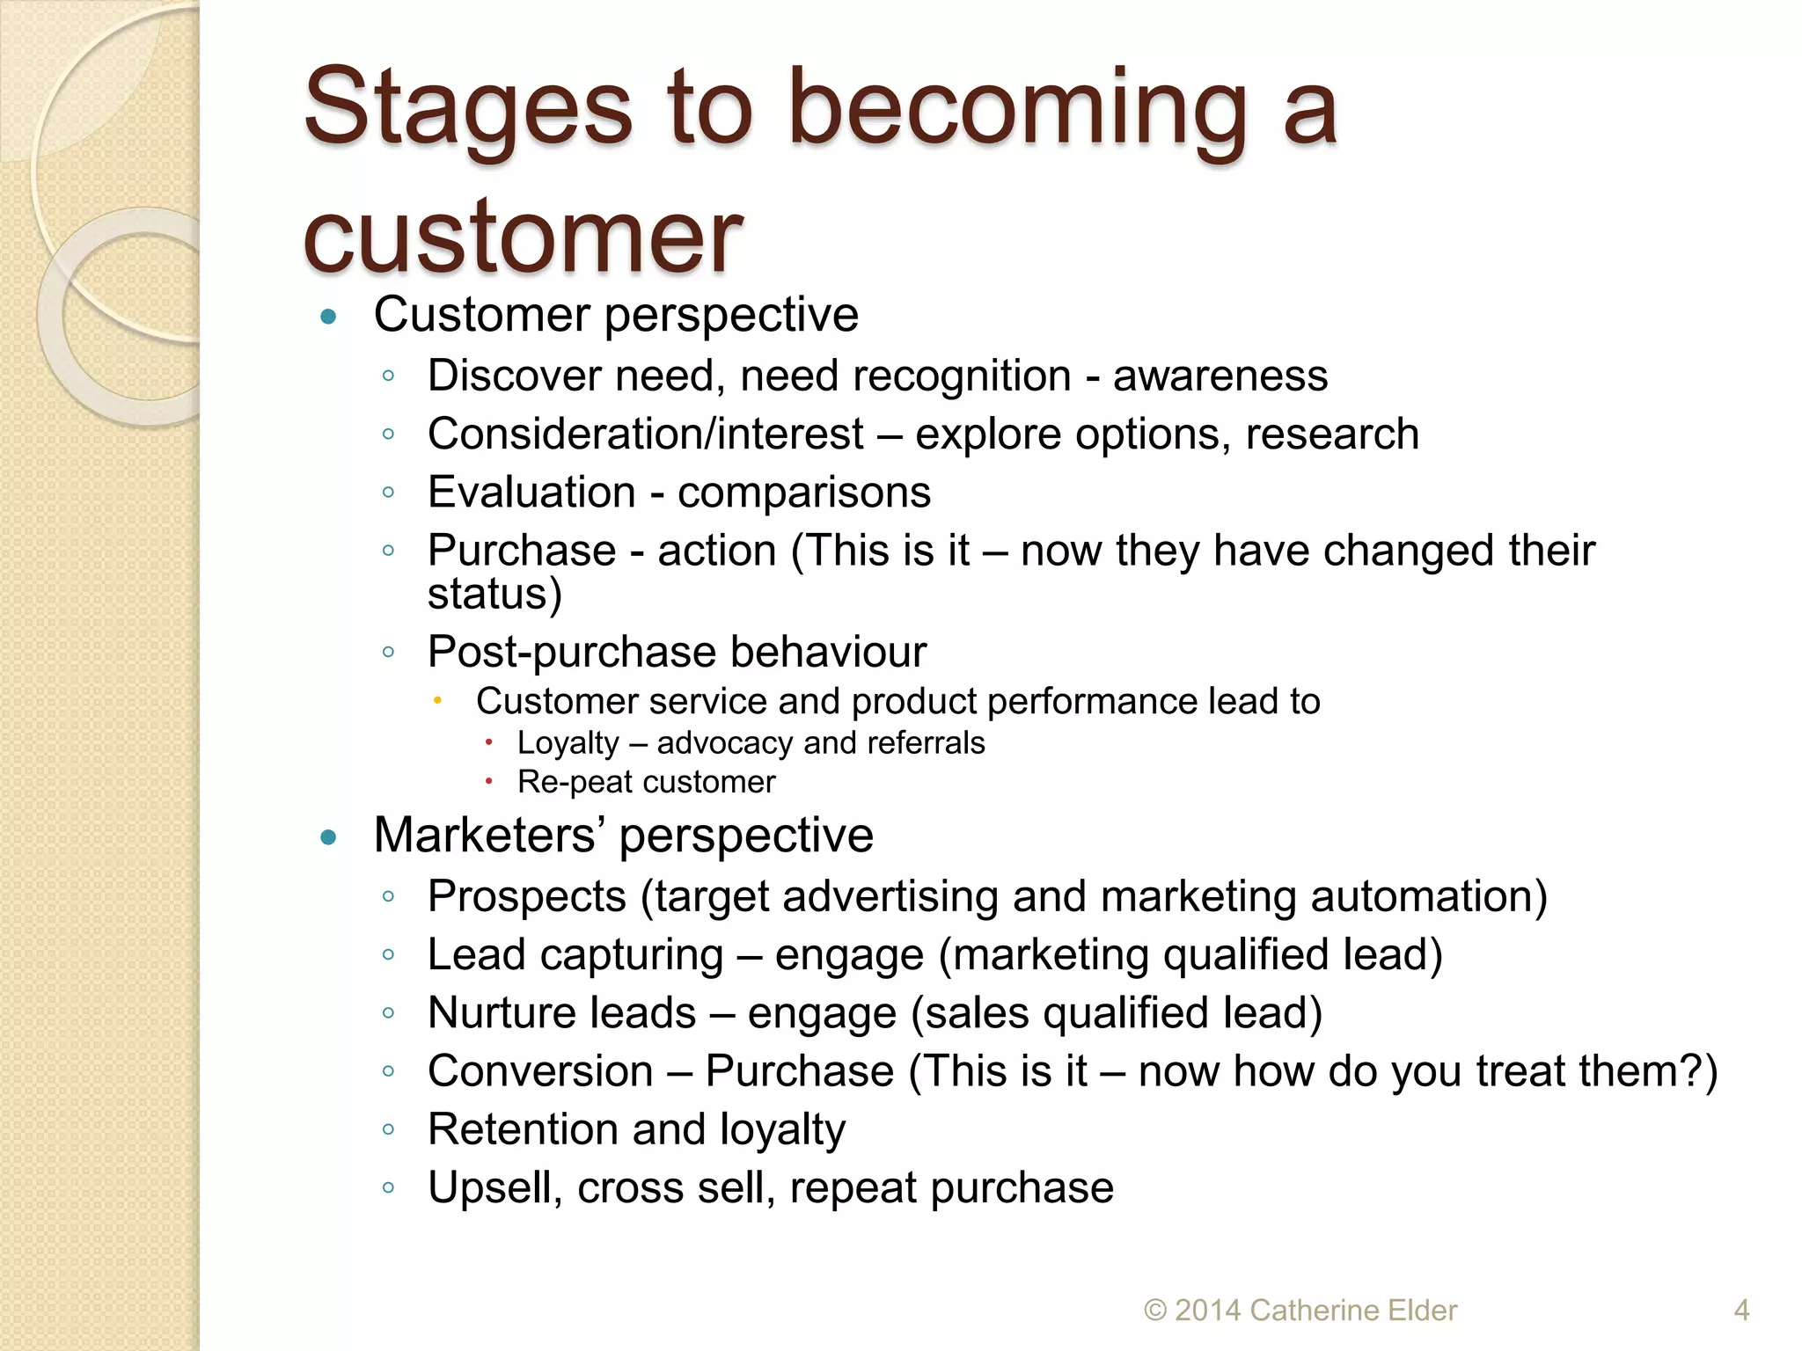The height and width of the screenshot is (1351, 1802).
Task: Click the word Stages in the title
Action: [x=467, y=110]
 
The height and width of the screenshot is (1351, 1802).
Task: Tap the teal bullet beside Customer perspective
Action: [x=329, y=317]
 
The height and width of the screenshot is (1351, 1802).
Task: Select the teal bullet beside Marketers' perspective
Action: [x=329, y=837]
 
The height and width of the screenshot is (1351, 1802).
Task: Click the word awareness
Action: [x=1220, y=377]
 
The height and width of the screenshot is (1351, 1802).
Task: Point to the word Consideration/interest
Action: [x=646, y=435]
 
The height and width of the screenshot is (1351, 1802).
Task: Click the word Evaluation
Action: [x=531, y=493]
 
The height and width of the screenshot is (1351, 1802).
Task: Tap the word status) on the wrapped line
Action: [x=494, y=595]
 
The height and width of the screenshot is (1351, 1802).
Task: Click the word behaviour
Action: [x=827, y=653]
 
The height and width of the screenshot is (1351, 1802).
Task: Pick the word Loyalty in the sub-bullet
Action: [x=568, y=744]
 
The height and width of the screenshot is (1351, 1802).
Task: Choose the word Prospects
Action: [x=527, y=898]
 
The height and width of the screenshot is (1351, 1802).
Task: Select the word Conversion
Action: [x=540, y=1072]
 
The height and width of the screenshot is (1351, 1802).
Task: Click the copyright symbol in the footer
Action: [x=1154, y=1311]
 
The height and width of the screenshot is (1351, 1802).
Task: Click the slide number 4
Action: [x=1741, y=1311]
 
